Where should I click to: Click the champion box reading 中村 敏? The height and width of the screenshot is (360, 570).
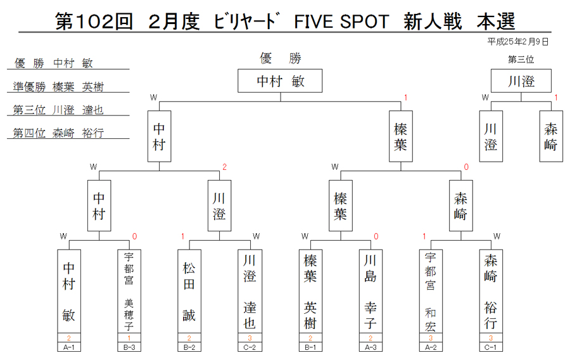(280, 80)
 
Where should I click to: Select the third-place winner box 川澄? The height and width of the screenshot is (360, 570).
(521, 80)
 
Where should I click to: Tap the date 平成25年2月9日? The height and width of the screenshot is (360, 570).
(517, 42)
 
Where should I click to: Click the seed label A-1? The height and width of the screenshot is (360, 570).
(68, 347)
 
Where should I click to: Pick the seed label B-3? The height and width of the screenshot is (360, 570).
(129, 347)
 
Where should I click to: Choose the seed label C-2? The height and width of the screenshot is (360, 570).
(250, 347)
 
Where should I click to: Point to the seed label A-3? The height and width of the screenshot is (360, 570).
(370, 347)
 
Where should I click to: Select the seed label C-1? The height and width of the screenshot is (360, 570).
(491, 347)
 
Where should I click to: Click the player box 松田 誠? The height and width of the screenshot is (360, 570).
(189, 291)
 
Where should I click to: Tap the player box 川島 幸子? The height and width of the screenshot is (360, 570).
(370, 291)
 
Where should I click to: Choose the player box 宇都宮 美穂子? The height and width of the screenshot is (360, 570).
(129, 291)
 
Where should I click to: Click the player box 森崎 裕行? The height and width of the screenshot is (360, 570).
(491, 291)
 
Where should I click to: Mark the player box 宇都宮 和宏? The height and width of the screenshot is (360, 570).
(431, 291)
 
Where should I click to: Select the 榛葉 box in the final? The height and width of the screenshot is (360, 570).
(401, 136)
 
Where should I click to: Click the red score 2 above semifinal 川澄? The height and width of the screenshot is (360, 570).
(224, 167)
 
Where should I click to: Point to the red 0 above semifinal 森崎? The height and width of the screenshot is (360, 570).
(466, 167)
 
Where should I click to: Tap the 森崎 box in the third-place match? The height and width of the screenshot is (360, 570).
(551, 136)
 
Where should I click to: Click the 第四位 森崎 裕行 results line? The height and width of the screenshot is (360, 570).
(58, 133)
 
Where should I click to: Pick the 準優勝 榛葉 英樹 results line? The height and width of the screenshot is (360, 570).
(58, 87)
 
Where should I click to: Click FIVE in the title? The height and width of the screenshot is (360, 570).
(313, 22)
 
